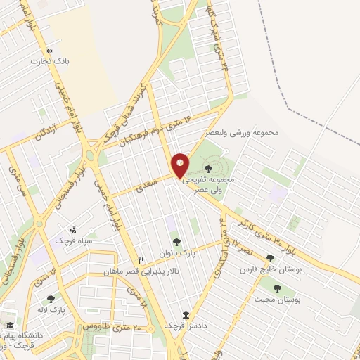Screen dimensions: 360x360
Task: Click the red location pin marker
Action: [181, 165]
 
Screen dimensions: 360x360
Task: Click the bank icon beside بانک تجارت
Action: [49, 51]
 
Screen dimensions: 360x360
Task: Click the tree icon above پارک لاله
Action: [51, 299]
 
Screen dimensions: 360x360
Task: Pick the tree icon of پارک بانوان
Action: [176, 243]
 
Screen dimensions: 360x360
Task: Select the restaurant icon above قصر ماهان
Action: [141, 259]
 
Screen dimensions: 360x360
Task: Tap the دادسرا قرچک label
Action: [184, 326]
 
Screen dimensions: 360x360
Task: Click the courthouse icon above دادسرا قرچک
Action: [185, 314]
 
